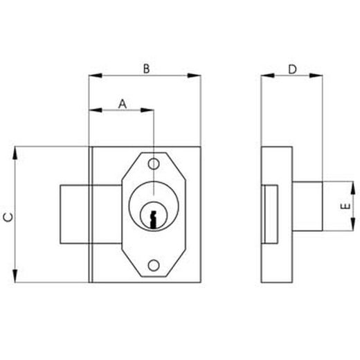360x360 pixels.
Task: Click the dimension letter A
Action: [122, 103]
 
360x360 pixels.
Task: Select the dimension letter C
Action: [8, 217]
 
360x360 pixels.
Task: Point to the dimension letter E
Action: [344, 208]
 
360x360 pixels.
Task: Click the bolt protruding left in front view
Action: [75, 213]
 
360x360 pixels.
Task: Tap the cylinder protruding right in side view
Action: [307, 207]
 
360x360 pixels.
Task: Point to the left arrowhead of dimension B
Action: [93, 75]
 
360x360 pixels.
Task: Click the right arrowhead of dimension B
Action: [197, 75]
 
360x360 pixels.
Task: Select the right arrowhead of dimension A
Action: [148, 109]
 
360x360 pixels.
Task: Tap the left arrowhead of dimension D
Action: [264, 75]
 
